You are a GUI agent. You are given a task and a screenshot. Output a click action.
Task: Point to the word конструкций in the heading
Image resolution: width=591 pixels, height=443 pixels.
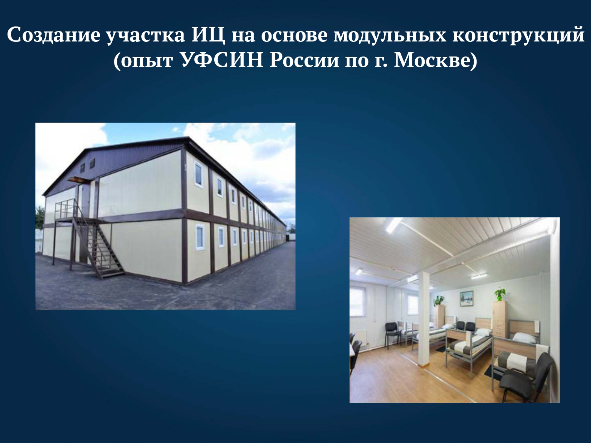point(518,35)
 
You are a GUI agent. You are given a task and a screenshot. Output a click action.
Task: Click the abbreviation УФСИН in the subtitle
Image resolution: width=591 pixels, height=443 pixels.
point(221,60)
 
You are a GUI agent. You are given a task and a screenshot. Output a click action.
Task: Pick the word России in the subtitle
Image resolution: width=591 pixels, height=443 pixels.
point(304,60)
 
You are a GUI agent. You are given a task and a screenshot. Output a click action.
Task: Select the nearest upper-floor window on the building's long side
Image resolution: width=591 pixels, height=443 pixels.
point(199,174)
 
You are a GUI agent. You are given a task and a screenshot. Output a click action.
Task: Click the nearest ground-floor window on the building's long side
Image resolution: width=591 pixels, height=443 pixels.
point(200,237)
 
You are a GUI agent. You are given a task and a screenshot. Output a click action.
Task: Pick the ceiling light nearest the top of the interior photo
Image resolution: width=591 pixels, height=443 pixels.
point(394,226)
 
